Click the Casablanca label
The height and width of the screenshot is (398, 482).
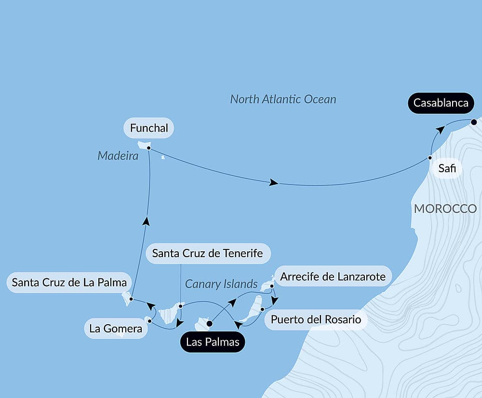pos(441,103)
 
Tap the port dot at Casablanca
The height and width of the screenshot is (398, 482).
pos(474,122)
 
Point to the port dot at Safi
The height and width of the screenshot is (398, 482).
pos(430,158)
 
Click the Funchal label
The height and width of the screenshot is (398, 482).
pos(149,128)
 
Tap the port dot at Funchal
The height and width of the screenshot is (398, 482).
pos(149,148)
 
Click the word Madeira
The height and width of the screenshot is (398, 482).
pos(118,156)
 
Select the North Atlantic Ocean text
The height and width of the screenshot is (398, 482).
pos(283,99)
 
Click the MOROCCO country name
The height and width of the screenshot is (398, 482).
pos(445,209)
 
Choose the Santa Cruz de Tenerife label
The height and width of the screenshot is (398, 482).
pos(207,253)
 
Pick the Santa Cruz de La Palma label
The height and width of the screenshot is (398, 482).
pos(69,282)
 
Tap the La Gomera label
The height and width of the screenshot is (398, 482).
pos(116,329)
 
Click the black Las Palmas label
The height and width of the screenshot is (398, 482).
pos(212,343)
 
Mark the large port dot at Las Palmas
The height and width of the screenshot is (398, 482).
pos(209,324)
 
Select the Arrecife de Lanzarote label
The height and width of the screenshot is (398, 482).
pos(333,277)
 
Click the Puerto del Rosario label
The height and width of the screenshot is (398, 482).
pos(316,319)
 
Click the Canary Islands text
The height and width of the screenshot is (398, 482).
pos(221,284)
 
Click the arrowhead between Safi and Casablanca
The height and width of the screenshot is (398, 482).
pos(440,130)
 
